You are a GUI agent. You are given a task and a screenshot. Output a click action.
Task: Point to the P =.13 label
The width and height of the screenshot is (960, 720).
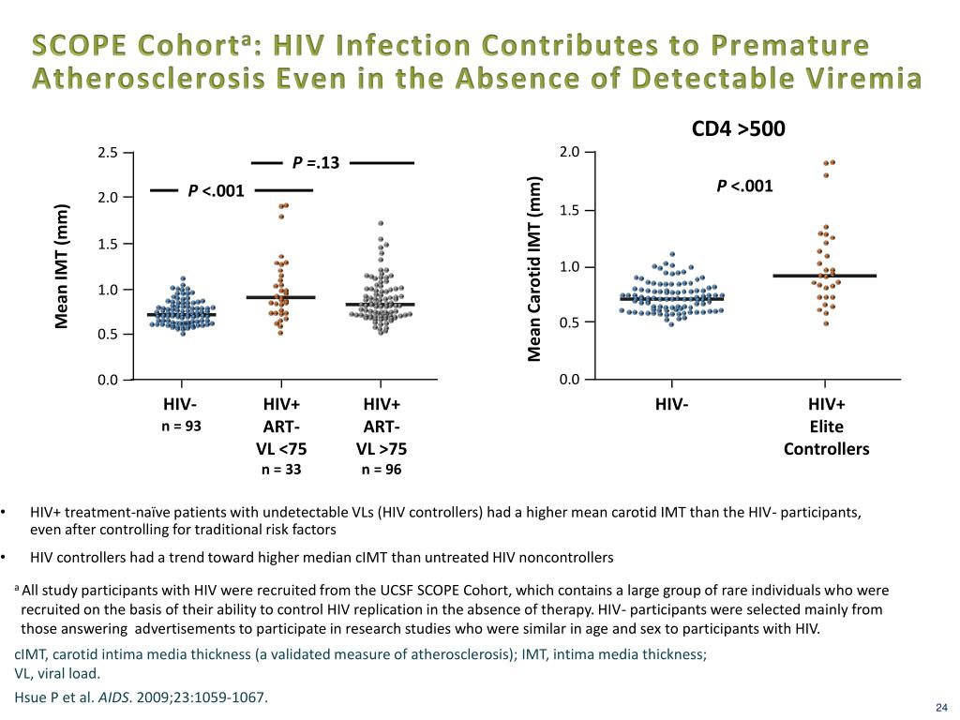click(316, 164)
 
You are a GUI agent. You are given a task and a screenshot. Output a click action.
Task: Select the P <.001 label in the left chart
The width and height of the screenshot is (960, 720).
click(216, 191)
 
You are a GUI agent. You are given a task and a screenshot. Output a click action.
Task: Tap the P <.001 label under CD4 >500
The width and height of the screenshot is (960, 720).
click(744, 186)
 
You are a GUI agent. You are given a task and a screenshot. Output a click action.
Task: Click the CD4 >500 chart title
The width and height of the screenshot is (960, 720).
click(738, 127)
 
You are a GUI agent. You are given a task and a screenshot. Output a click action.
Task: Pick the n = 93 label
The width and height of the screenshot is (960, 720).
click(180, 426)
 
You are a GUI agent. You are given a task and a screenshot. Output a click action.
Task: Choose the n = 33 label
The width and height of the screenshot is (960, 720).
click(281, 469)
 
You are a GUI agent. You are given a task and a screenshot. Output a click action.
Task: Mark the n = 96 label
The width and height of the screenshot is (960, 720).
click(382, 469)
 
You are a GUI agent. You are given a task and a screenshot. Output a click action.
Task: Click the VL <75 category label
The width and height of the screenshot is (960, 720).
click(281, 448)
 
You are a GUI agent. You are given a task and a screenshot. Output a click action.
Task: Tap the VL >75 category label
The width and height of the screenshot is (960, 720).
click(382, 448)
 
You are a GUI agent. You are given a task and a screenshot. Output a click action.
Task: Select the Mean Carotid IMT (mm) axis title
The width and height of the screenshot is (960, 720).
click(534, 268)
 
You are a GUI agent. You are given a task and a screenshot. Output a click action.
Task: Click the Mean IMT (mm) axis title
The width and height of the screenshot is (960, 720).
click(62, 266)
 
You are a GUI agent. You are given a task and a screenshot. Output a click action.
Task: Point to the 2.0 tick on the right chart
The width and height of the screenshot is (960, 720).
click(569, 153)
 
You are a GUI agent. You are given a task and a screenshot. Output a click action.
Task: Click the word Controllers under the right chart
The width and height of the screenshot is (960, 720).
click(826, 449)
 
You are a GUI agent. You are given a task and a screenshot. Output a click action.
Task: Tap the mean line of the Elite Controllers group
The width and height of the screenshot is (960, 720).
click(825, 276)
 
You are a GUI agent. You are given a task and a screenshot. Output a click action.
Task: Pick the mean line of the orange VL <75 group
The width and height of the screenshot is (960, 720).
click(281, 297)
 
